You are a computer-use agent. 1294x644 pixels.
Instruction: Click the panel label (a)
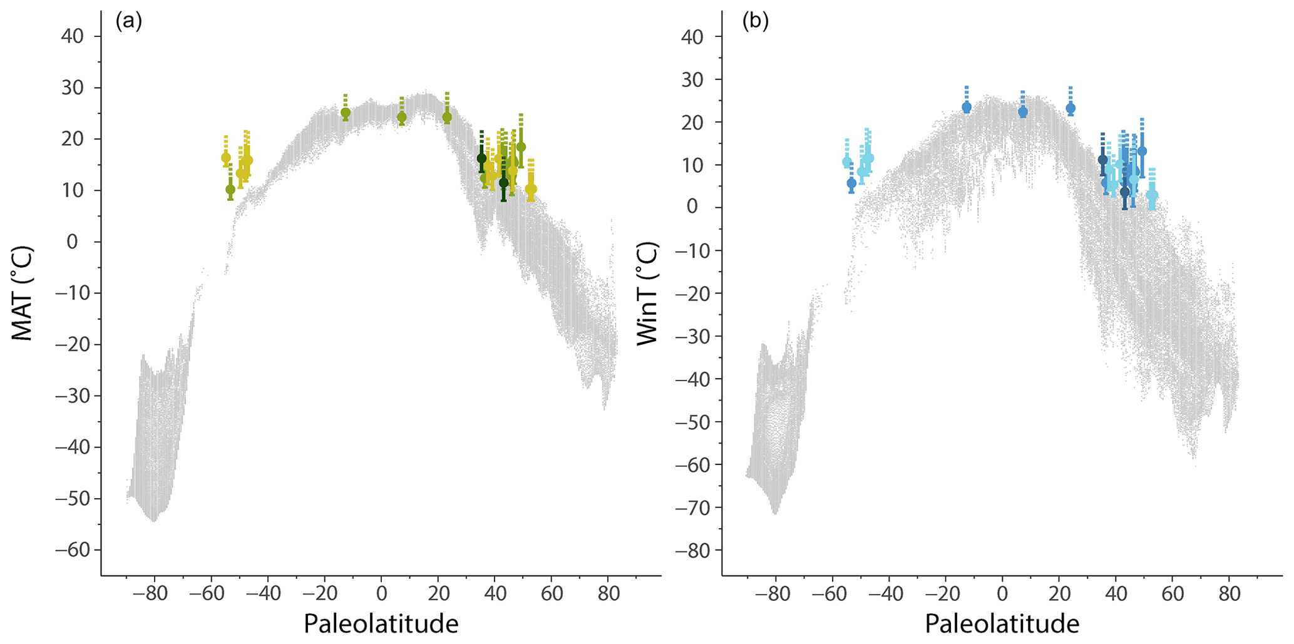point(128,21)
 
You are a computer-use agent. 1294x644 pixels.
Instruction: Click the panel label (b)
point(755,21)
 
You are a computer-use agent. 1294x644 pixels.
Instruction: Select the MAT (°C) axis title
point(23,293)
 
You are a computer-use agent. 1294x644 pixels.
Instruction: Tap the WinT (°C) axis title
point(648,293)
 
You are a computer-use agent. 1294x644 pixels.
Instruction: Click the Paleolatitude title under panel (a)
point(381,624)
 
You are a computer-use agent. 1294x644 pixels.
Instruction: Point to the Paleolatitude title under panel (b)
point(1002,624)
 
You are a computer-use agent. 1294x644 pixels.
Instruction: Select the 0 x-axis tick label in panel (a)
point(381,593)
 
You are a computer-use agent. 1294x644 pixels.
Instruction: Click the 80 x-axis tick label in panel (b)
point(1229,593)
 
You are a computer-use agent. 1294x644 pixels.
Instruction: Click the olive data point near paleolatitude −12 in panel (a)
point(346,113)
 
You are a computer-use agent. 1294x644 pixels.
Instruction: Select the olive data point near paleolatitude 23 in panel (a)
point(447,117)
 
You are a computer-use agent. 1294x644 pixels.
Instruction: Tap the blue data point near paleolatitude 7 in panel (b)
point(1023,112)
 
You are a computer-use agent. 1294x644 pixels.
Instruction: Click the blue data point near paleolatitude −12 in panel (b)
point(967,108)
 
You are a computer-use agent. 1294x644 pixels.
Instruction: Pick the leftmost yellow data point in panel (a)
point(226,158)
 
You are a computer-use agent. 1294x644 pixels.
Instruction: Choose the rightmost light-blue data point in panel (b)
point(1152,195)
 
